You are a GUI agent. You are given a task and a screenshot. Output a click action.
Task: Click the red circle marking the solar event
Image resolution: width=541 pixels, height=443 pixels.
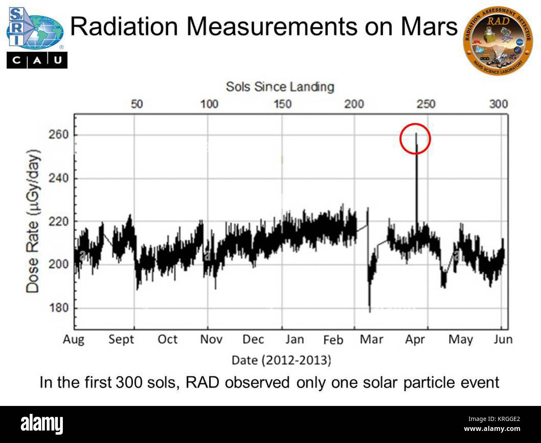point(415,139)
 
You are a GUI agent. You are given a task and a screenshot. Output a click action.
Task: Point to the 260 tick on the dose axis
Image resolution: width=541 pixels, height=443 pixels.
point(58,135)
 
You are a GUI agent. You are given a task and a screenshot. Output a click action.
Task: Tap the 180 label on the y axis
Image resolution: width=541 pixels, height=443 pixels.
point(58,308)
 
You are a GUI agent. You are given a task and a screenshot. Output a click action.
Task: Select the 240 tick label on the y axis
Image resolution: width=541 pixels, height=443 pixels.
point(58,178)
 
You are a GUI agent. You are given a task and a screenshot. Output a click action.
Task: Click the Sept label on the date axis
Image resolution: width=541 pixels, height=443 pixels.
point(121,339)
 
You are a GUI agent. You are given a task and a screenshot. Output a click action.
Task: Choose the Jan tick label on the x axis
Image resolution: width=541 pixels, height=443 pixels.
point(294,339)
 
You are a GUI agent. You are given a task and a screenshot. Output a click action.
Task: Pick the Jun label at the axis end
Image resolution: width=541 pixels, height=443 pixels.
point(503,339)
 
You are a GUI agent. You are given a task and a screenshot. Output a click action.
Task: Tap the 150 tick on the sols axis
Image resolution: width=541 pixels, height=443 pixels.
point(282,104)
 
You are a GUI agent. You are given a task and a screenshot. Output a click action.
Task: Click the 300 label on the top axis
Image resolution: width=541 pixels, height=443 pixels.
point(498,104)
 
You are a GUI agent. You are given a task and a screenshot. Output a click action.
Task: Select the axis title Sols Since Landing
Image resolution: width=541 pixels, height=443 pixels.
point(280,87)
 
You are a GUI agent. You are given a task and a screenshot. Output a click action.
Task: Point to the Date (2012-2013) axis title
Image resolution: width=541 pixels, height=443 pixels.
point(281,360)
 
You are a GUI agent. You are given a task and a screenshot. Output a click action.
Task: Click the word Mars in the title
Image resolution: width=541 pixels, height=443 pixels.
point(429,27)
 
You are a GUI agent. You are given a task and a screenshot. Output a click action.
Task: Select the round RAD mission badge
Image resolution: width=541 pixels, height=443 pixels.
point(498,40)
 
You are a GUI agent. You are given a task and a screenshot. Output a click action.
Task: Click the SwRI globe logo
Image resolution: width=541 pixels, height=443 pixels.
point(35,29)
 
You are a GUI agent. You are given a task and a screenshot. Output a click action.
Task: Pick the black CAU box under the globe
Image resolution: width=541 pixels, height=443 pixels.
point(37,60)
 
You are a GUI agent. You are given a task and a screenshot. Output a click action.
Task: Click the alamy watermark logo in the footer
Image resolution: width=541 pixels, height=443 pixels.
point(42,424)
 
